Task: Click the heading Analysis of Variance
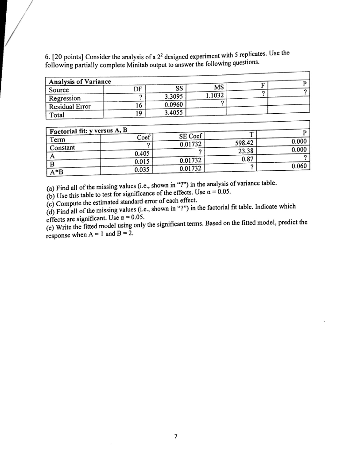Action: click(80, 81)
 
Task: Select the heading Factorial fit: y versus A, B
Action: click(88, 131)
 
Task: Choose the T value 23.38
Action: click(247, 151)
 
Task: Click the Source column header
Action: click(59, 89)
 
